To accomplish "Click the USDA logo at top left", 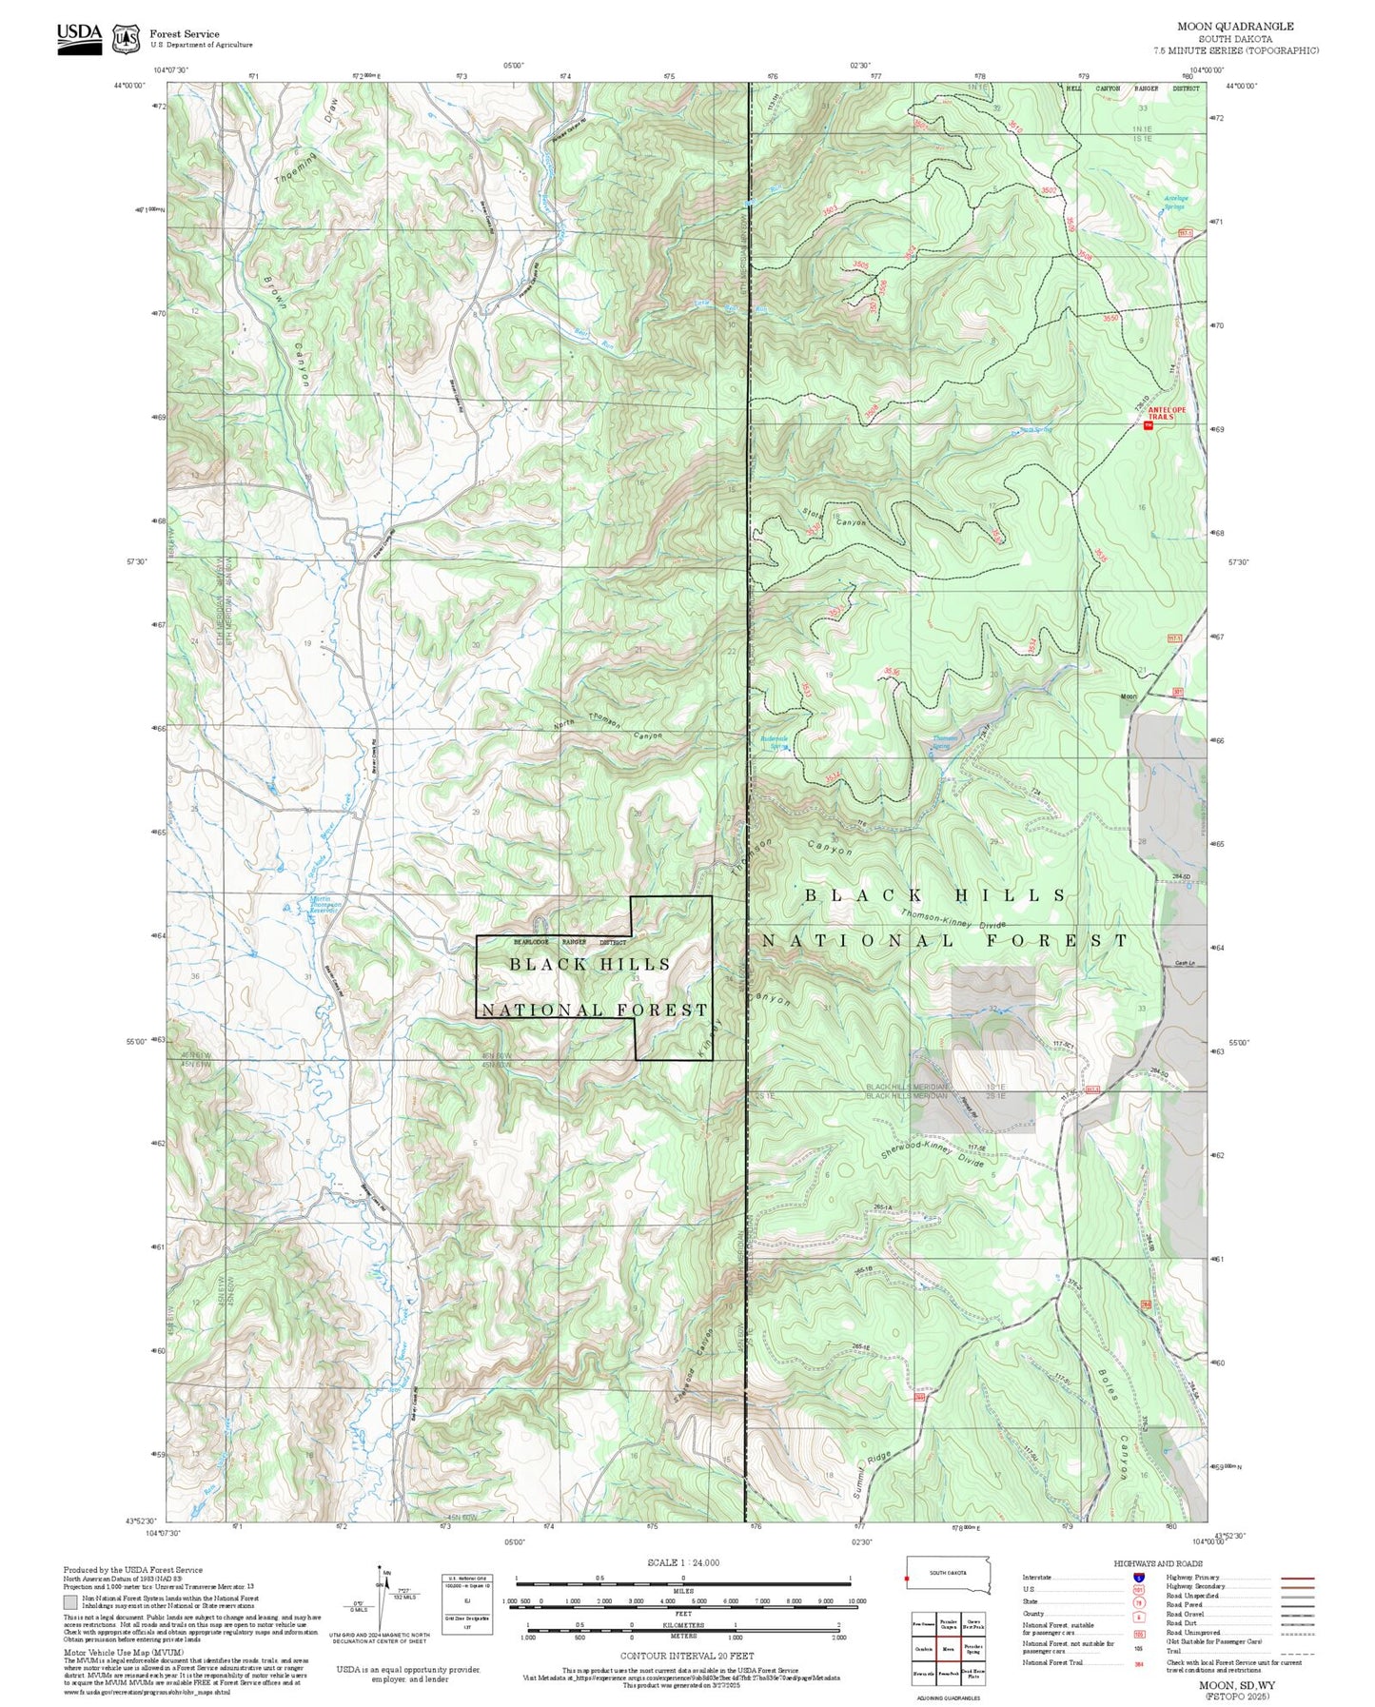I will coord(79,38).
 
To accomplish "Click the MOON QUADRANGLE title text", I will coord(1234,27).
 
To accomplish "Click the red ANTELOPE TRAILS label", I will coord(1166,413).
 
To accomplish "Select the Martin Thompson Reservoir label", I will coord(324,904).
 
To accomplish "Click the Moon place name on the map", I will coord(1128,697).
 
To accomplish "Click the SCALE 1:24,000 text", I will coord(683,1562).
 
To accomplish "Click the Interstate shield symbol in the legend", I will coord(1138,1577).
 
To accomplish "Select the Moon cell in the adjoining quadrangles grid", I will coord(948,1649).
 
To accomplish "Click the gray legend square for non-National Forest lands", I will coord(69,1601).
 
